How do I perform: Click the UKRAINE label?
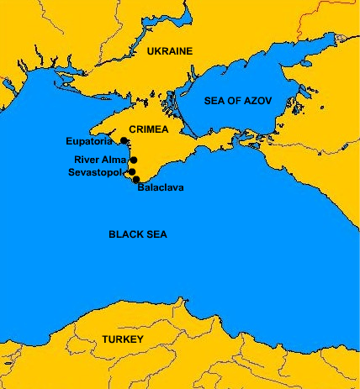[x=169, y=51]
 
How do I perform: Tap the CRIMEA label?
[x=149, y=130]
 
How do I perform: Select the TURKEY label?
[x=122, y=339]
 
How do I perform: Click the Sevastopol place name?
[x=95, y=172]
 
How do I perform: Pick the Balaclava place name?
[x=160, y=187]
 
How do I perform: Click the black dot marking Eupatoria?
[x=124, y=141]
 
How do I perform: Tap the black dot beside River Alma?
[x=134, y=159]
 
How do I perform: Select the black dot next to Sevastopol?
[x=130, y=172]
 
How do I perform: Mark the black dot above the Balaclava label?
[x=135, y=178]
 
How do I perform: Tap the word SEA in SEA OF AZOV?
[x=215, y=101]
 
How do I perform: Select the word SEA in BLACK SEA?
[x=156, y=234]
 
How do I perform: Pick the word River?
[x=87, y=159]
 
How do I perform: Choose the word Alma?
[x=114, y=159]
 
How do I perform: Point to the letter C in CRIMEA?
[x=131, y=130]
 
